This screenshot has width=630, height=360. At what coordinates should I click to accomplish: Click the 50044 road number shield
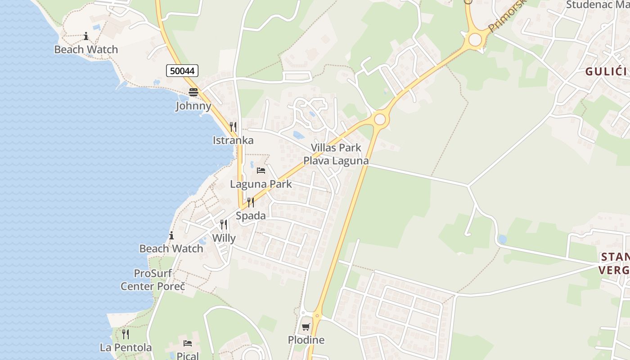182,71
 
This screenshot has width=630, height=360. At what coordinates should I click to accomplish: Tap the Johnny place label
193,106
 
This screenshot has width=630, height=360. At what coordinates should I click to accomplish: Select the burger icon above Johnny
193,92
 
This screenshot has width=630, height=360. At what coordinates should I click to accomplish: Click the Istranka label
233,140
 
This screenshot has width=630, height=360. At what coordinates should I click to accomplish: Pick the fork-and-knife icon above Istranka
233,127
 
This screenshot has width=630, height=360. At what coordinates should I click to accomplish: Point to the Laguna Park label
261,184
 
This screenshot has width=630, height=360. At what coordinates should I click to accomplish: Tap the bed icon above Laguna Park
261,171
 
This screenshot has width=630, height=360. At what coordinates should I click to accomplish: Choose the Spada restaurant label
251,216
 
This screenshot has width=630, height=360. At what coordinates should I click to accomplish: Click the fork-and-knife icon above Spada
251,202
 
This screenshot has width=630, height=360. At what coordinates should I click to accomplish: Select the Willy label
224,238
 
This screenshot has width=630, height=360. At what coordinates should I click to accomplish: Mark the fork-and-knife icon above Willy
224,225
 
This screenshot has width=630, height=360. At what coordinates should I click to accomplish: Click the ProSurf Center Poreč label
153,279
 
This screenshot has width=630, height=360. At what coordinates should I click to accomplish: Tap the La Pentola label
126,348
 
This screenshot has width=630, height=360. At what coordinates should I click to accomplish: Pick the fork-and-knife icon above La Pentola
126,334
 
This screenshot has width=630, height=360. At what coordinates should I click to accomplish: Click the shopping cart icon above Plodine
306,327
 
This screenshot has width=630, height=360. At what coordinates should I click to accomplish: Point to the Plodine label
306,340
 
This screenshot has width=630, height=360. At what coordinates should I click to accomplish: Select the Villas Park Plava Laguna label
336,154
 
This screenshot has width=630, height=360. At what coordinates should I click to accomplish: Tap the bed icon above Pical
188,343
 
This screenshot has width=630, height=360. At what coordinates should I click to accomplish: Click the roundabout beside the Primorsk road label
475,40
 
